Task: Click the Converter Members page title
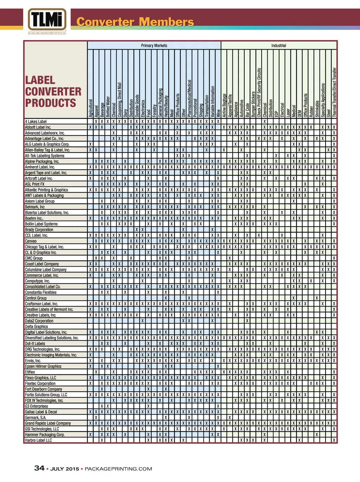tap(135, 22)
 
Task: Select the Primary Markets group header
tap(154, 45)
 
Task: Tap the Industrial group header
tap(278, 45)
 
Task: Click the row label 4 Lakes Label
tap(36, 122)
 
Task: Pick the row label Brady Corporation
tap(39, 230)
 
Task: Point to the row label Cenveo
tap(31, 241)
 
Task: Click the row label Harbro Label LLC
tap(38, 441)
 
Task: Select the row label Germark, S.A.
tap(36, 418)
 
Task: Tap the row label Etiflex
tap(30, 372)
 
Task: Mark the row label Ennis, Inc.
tap(33, 361)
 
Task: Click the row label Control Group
tap(36, 298)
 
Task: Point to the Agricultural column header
tap(91, 108)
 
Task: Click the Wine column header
tap(218, 113)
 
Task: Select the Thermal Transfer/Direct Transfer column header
tap(334, 92)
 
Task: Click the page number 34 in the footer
tap(39, 468)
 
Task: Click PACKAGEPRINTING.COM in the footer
tap(118, 469)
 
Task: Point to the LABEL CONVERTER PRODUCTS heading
tap(53, 92)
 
